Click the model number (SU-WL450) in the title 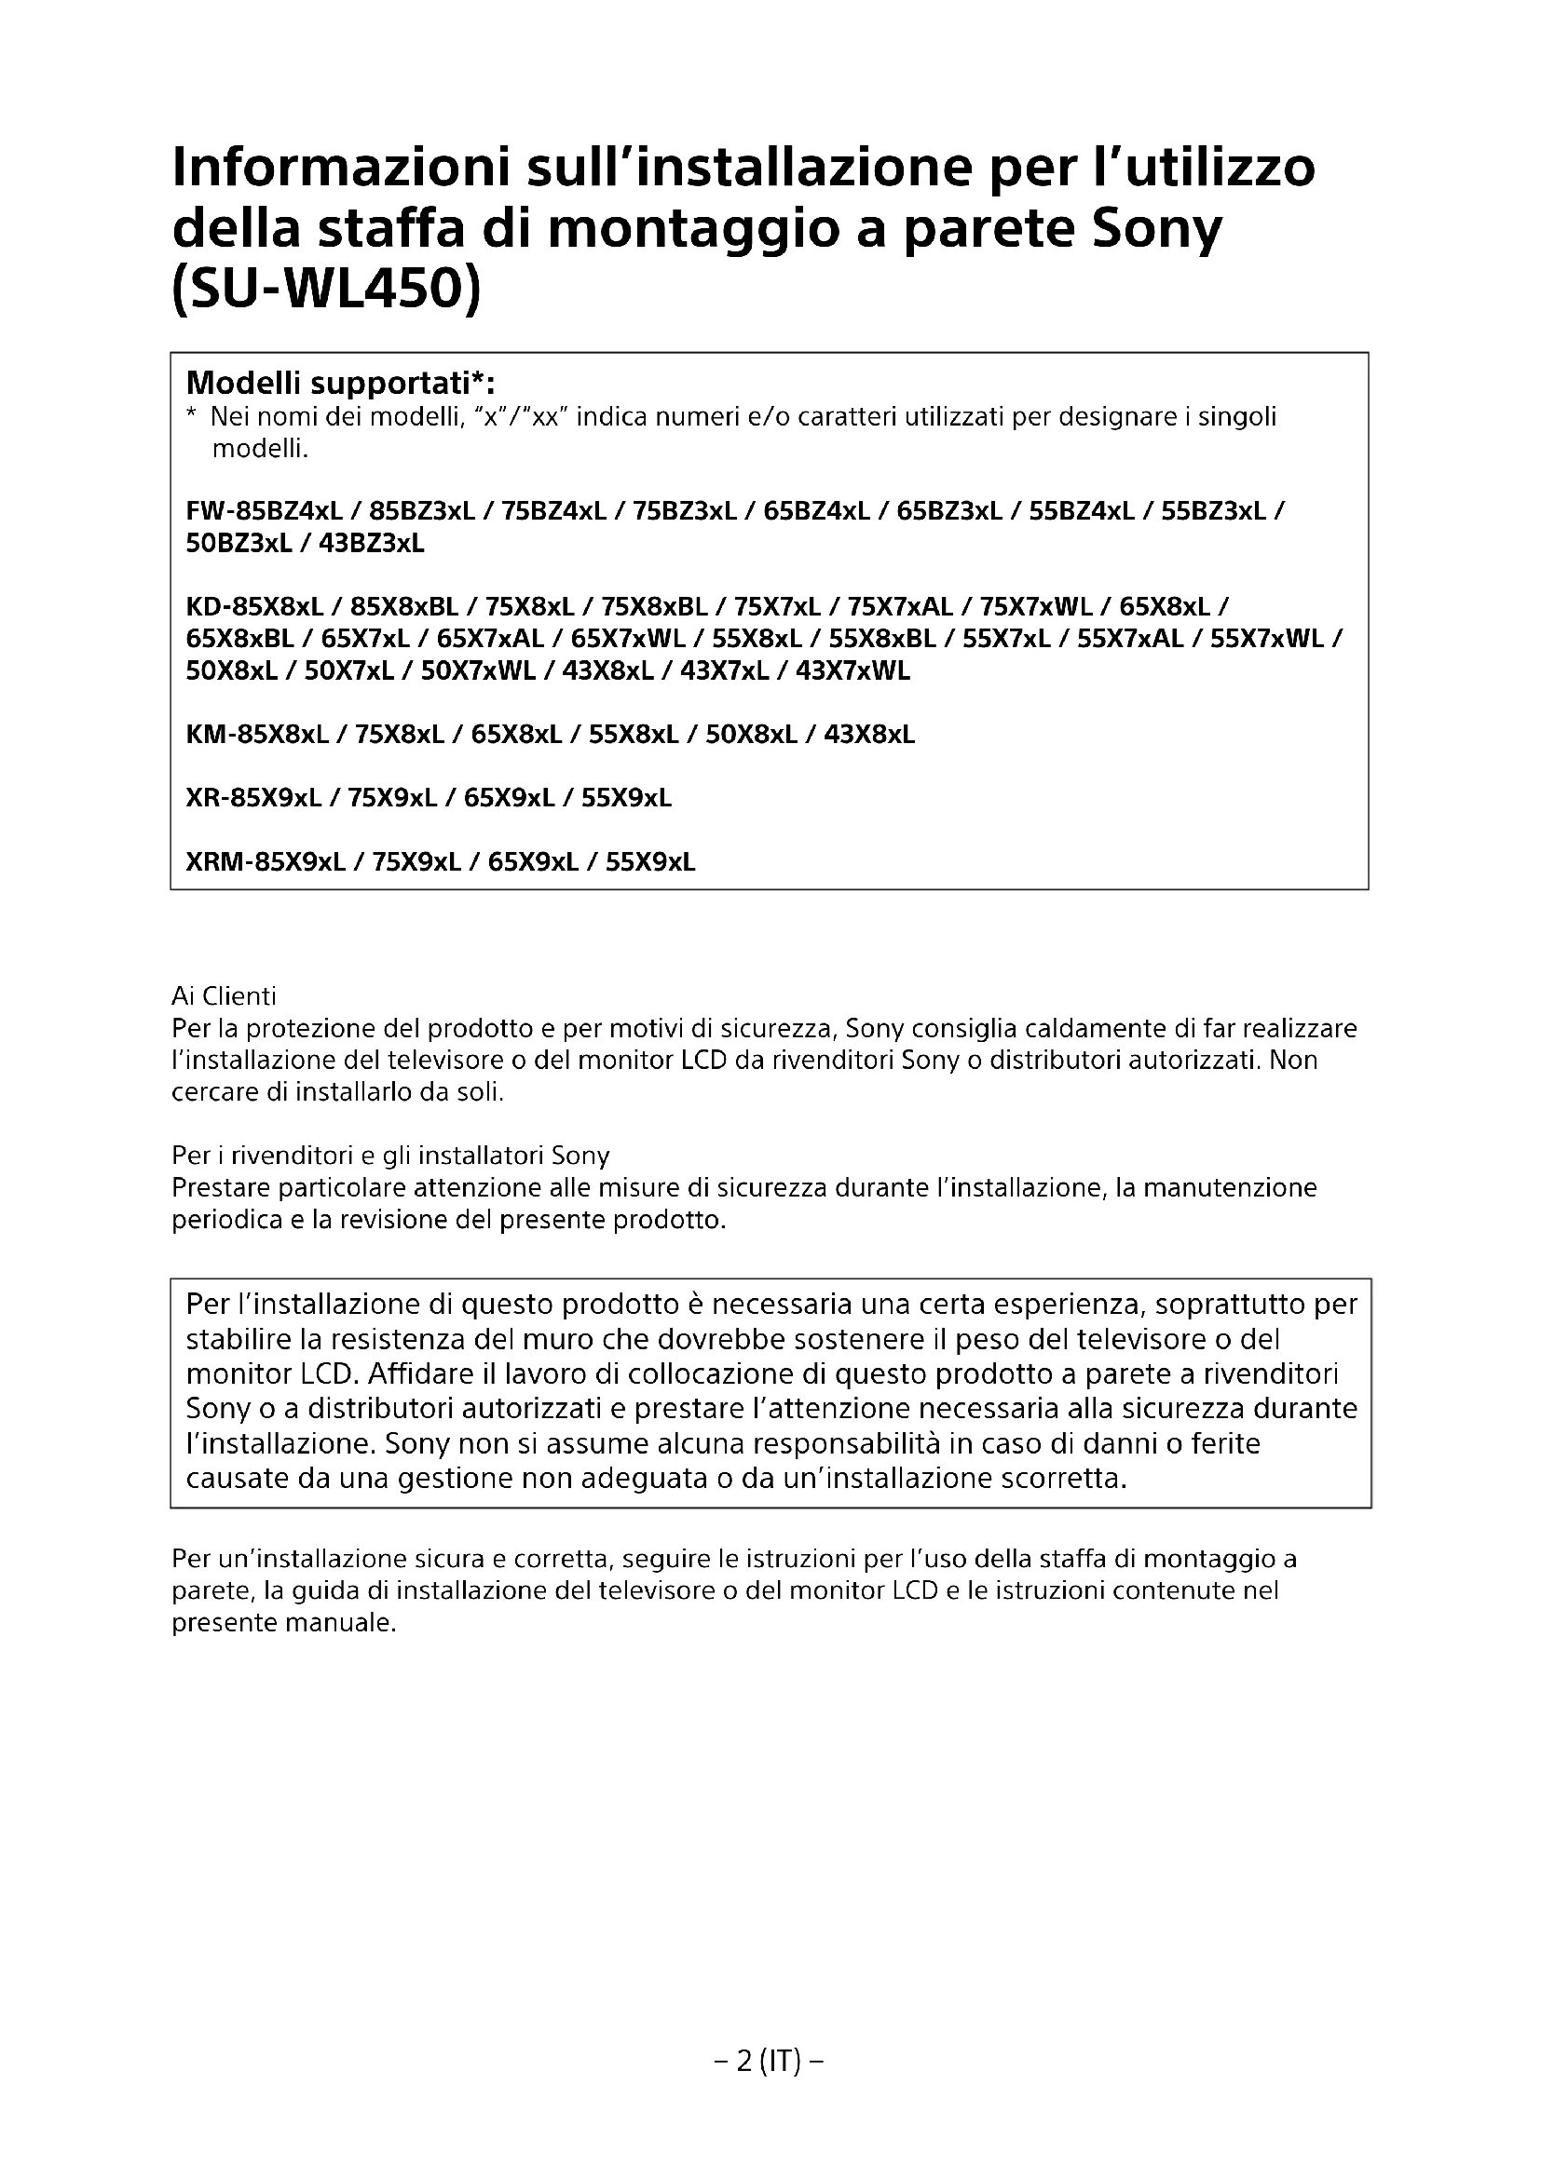point(326,291)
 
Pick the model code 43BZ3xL point(372,545)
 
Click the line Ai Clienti point(224,997)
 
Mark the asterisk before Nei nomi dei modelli point(192,416)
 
